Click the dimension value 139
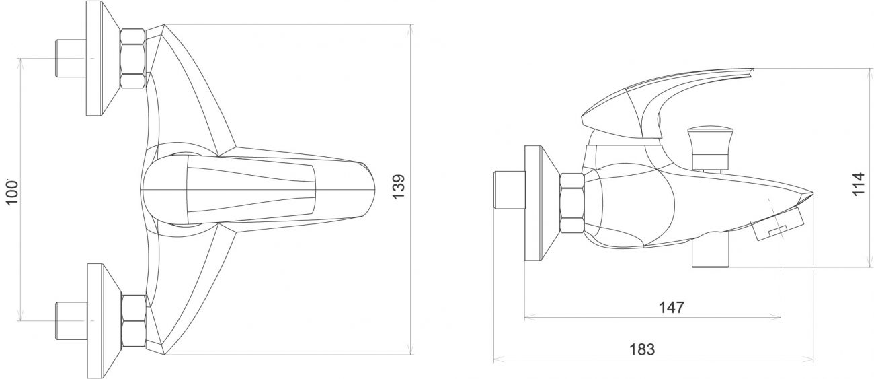tap(399, 186)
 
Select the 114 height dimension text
tap(858, 184)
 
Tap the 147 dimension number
tap(672, 308)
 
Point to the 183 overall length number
tap(642, 349)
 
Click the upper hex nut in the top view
tap(133, 58)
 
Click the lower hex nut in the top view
tap(134, 321)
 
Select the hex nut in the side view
tap(572, 203)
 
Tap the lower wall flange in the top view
tap(103, 320)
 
